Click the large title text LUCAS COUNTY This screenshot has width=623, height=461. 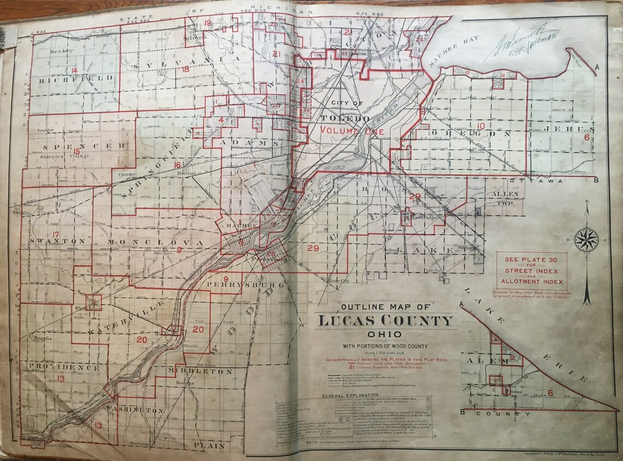(x=386, y=320)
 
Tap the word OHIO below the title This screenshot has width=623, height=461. (x=386, y=334)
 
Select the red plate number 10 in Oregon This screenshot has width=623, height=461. (x=480, y=127)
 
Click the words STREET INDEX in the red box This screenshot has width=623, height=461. (x=532, y=271)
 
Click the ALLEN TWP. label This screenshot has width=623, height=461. (x=504, y=198)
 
